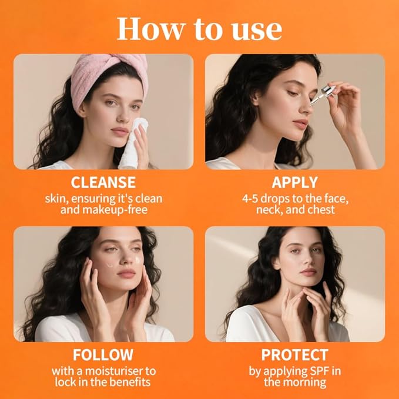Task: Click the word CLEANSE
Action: [x=103, y=182]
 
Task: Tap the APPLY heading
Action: [x=295, y=182]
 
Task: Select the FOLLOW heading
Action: [x=103, y=355]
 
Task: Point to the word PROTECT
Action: [x=295, y=355]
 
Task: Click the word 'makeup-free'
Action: [x=126, y=210]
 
